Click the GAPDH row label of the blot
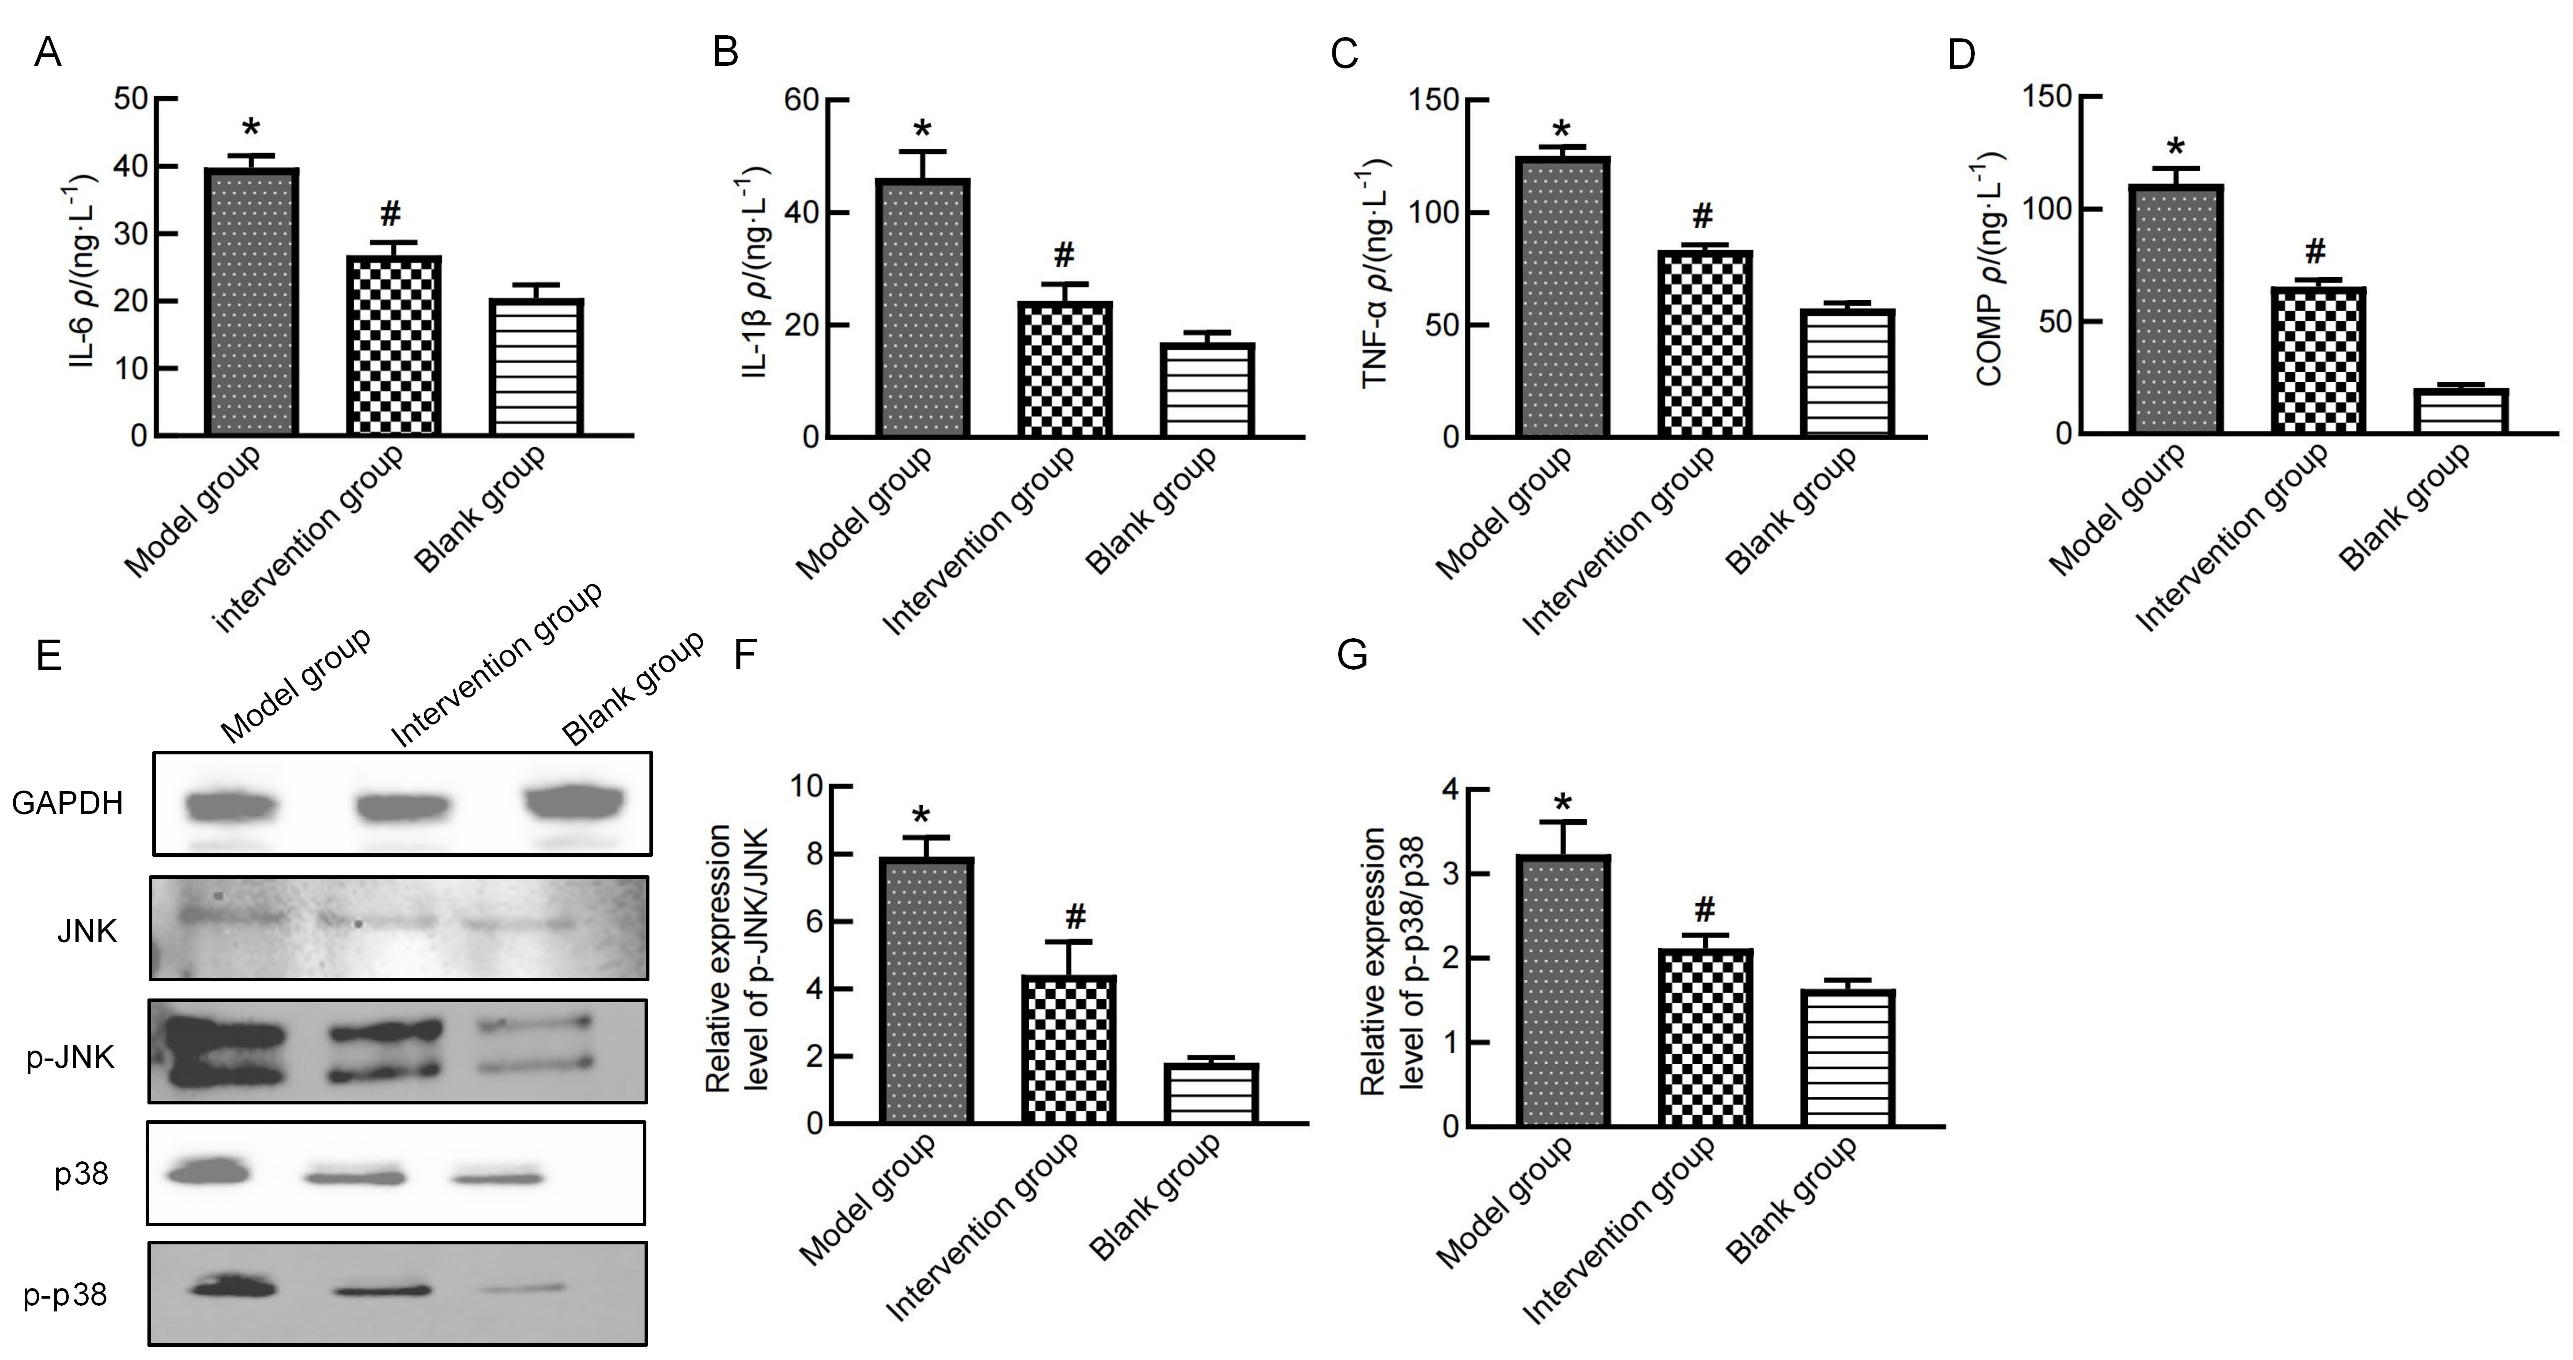pyautogui.click(x=68, y=803)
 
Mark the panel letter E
pyautogui.click(x=48, y=656)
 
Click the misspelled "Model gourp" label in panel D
pyautogui.click(x=2116, y=509)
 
